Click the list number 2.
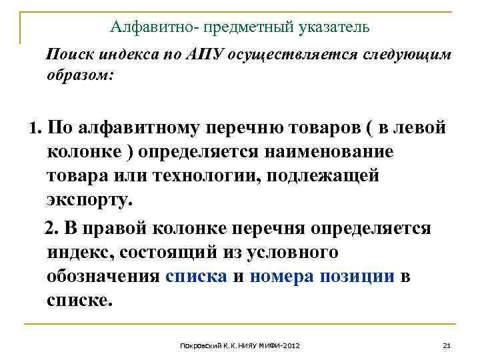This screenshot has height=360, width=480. [51, 229]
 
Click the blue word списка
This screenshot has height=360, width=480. [196, 276]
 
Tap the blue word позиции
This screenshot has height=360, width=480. [357, 276]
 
